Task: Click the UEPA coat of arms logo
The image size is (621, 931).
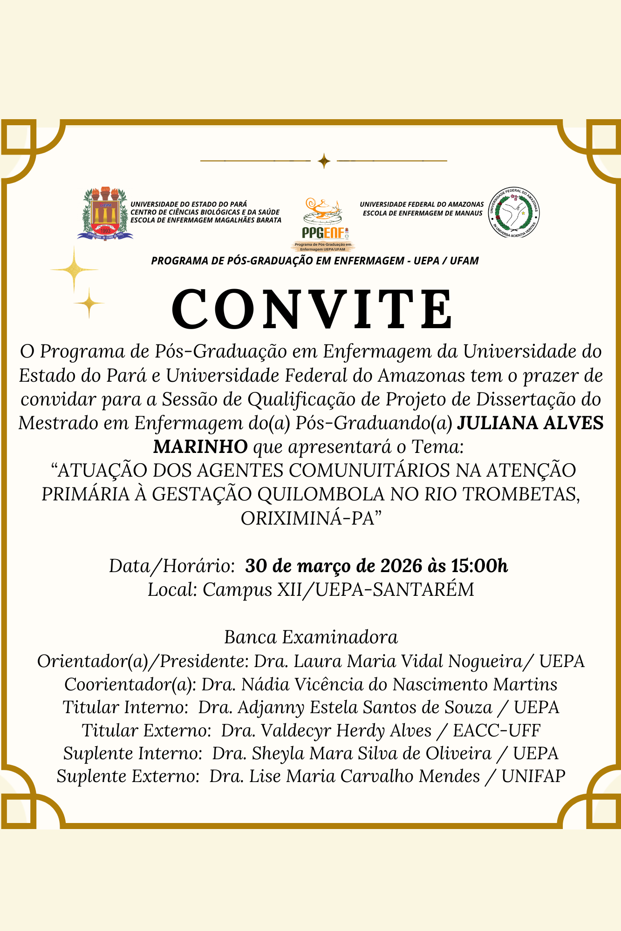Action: click(105, 214)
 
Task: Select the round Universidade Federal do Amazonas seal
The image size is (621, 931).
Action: click(514, 212)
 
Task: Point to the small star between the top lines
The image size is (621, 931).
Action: click(324, 161)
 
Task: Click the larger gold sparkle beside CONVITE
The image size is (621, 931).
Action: click(75, 270)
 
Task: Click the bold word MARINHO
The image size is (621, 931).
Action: click(200, 447)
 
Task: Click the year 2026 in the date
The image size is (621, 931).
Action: click(402, 566)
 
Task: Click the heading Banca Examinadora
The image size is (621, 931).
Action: click(311, 637)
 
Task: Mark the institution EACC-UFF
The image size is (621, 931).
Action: click(497, 731)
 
